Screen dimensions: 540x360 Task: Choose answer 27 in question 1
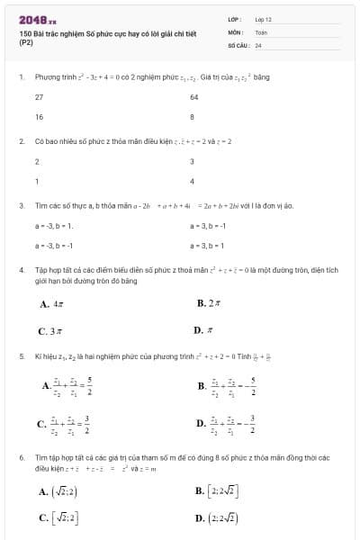[40, 96]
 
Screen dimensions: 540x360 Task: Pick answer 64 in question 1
[194, 96]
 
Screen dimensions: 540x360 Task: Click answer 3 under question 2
[193, 161]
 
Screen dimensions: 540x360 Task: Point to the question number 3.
[21, 205]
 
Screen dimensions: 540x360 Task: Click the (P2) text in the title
[25, 43]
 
